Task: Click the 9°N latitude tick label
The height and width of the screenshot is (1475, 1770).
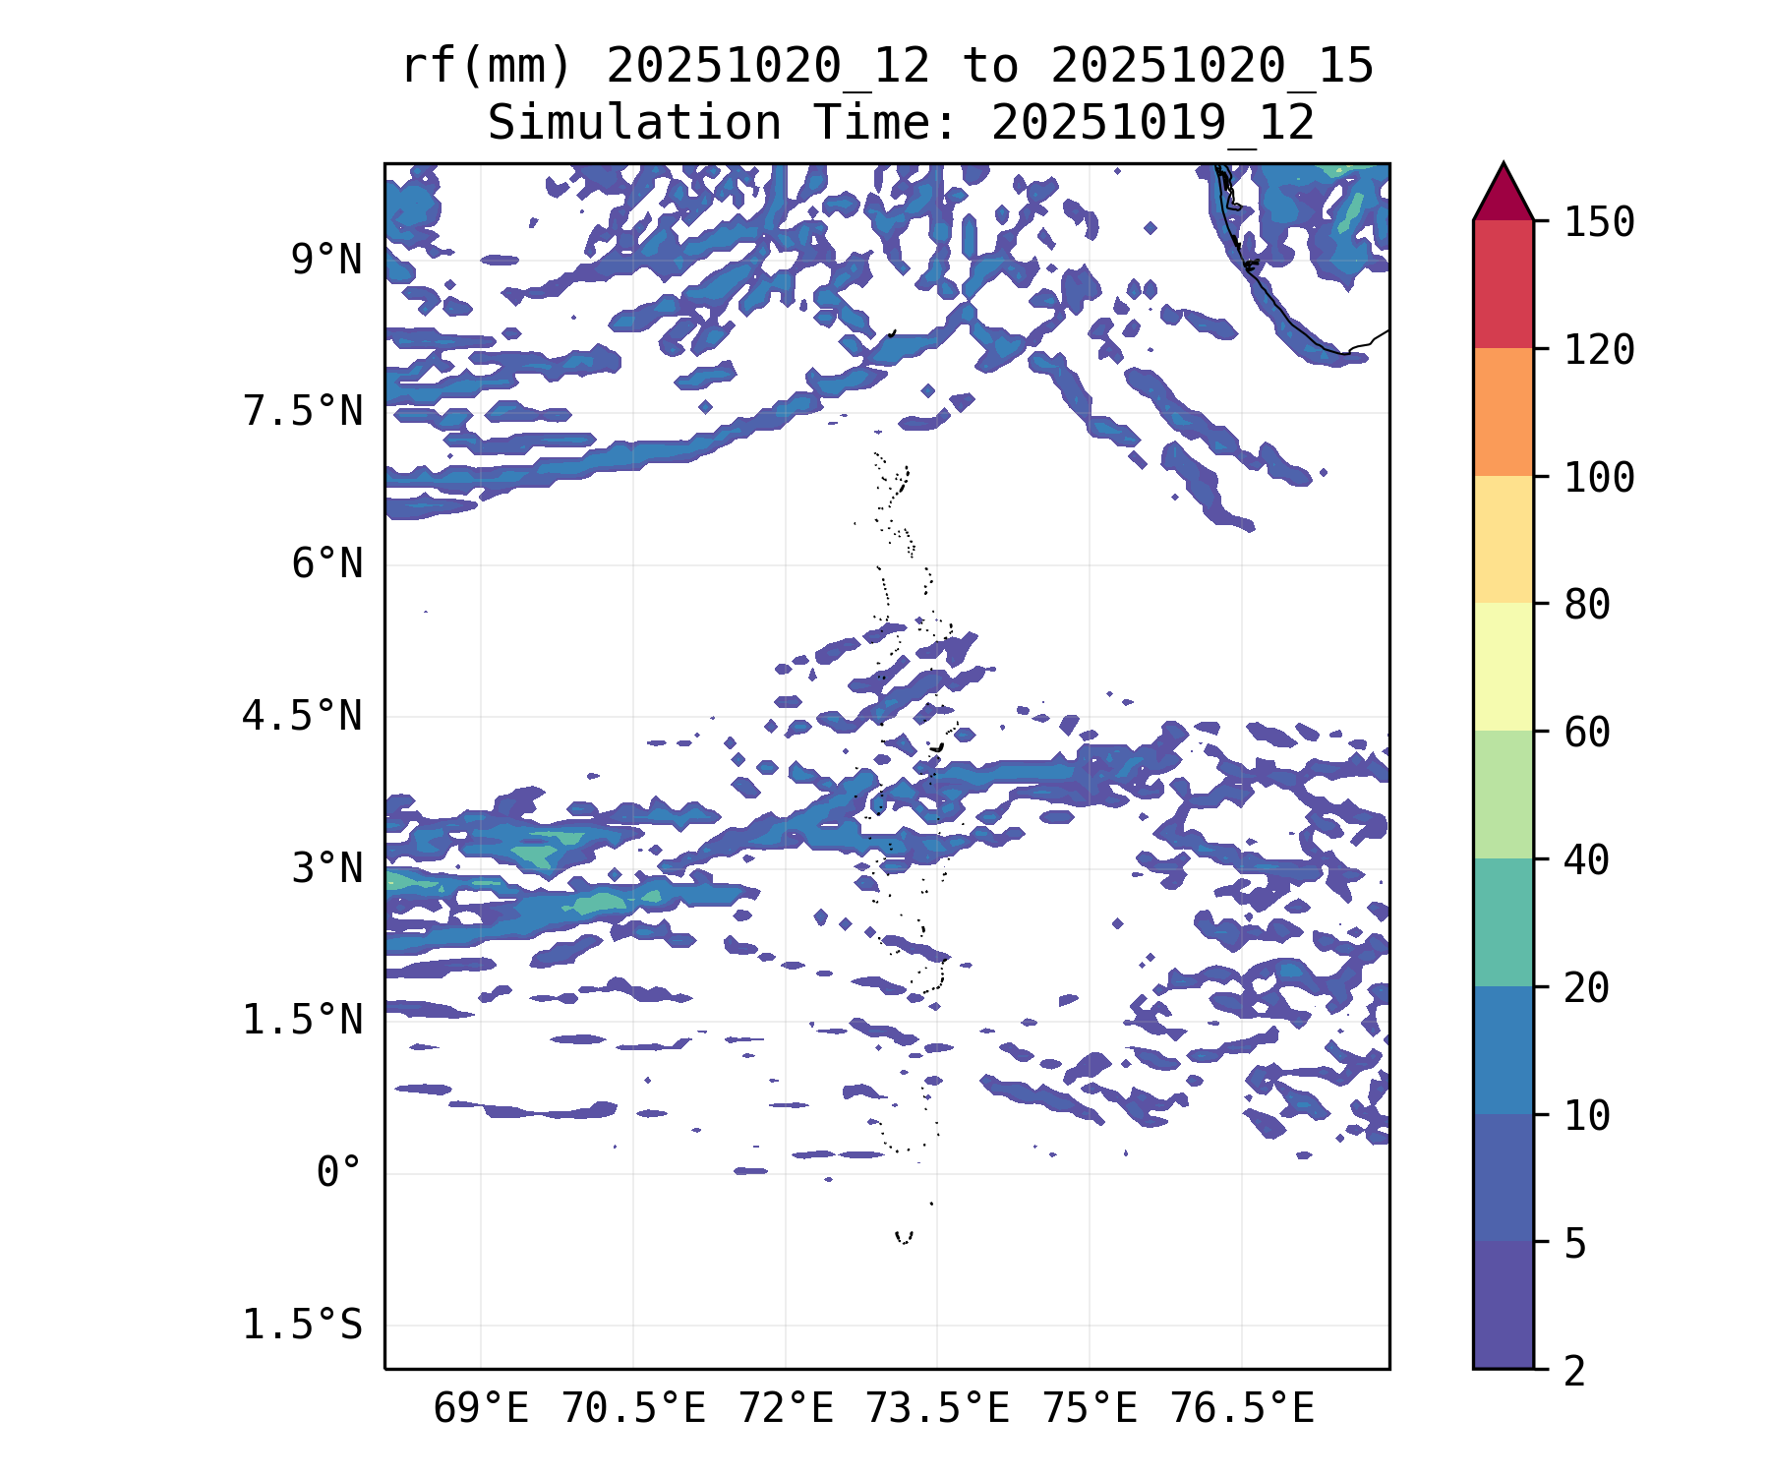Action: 326,261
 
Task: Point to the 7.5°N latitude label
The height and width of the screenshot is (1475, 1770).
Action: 303,412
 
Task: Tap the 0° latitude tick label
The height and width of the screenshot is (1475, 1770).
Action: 338,1172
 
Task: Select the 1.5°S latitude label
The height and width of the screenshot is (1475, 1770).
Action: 303,1325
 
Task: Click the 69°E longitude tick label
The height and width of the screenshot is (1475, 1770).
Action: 481,1409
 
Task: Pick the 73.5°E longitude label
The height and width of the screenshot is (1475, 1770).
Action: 937,1409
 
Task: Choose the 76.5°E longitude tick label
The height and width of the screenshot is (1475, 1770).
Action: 1241,1409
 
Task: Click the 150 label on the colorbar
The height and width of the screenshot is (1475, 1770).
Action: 1600,222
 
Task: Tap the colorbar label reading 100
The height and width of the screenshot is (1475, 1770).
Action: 1600,478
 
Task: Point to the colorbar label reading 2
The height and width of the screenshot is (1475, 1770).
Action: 1575,1371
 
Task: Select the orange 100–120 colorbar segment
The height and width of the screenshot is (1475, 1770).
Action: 1503,412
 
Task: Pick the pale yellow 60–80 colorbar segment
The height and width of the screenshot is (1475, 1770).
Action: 1503,667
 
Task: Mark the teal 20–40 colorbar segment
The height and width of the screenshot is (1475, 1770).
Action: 1503,921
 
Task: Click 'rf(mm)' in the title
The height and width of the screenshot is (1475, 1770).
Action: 487,67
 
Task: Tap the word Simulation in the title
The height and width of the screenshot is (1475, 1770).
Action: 634,124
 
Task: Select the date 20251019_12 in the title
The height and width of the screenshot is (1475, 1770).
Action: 1152,124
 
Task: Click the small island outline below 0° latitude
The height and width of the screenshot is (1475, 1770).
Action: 904,1237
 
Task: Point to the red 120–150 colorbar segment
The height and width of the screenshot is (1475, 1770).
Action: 1503,284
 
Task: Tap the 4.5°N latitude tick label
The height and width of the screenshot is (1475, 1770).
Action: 303,716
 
